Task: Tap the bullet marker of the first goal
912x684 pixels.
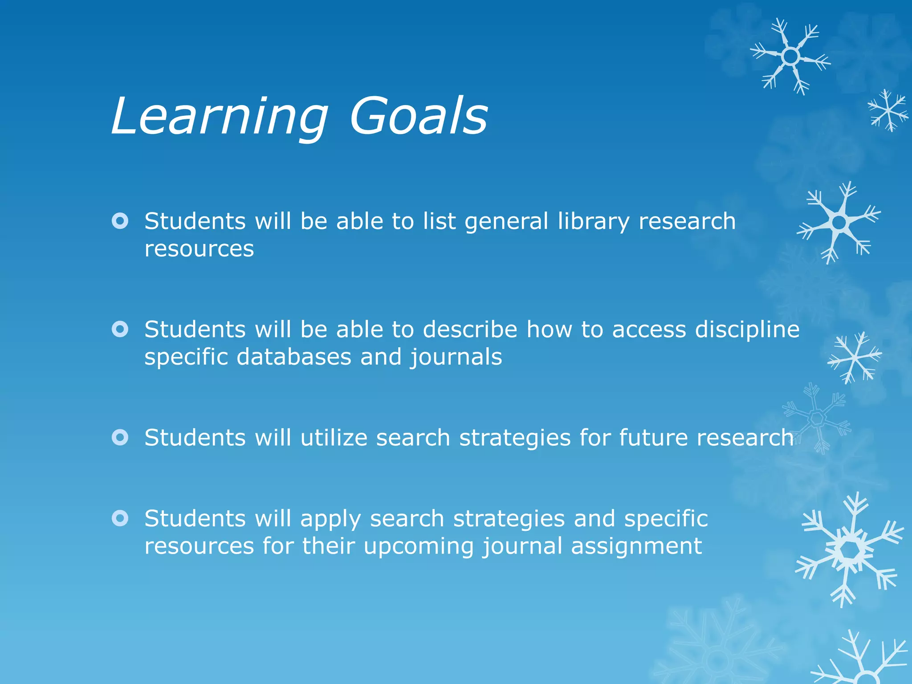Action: pos(120,221)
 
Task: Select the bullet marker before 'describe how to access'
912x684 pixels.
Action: pos(120,329)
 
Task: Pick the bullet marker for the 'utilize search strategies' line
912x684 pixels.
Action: pos(120,437)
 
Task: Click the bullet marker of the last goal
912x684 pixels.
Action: pos(120,518)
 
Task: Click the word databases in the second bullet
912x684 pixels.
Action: pos(293,357)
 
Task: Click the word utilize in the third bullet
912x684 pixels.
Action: pos(334,438)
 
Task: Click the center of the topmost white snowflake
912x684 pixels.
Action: pos(790,57)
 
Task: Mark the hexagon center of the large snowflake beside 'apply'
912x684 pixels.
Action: pos(850,551)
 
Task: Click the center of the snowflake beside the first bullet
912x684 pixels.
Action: pos(839,222)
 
